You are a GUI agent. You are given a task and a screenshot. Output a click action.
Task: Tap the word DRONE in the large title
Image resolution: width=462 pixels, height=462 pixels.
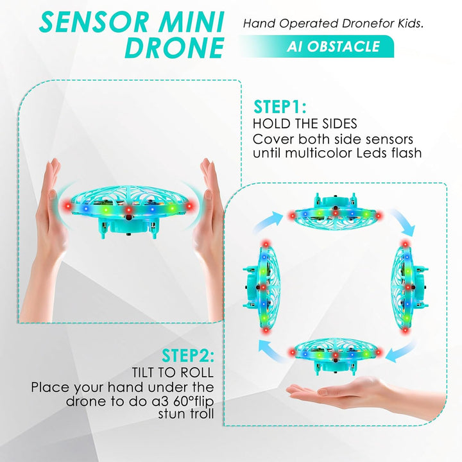click(175, 47)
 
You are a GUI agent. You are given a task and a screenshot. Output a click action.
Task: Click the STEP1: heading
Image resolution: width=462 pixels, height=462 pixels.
click(280, 107)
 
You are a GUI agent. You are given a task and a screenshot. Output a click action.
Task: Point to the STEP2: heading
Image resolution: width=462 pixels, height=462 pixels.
click(188, 355)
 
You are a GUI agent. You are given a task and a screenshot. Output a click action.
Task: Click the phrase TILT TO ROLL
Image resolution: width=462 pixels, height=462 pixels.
click(173, 372)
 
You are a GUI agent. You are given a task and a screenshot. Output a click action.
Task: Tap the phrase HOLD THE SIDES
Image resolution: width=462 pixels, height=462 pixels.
click(305, 124)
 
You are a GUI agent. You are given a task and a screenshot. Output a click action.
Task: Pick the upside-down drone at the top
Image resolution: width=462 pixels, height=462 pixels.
click(336, 212)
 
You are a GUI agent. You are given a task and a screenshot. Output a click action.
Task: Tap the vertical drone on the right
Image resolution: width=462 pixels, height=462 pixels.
click(409, 287)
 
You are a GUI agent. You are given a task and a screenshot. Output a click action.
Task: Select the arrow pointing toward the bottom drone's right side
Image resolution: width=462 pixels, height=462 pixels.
click(402, 352)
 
